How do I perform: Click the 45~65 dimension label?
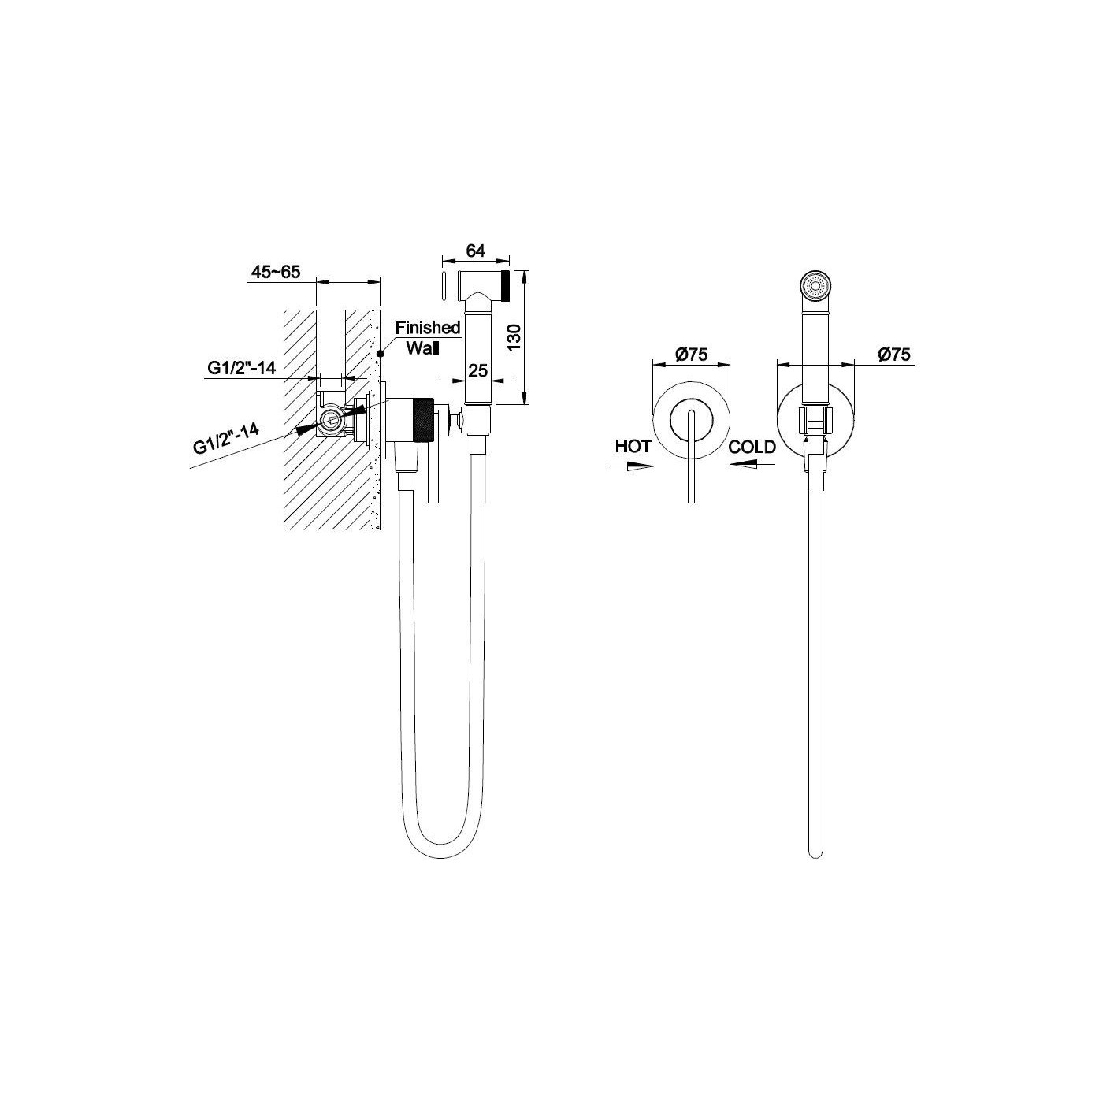click(275, 271)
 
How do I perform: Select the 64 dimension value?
click(475, 251)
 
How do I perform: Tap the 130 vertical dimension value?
click(514, 337)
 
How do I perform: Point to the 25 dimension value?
click(478, 371)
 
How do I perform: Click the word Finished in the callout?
click(428, 328)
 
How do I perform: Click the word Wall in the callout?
click(423, 347)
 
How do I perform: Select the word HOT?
click(633, 446)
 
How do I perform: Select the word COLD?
click(752, 447)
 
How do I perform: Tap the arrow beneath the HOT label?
click(631, 466)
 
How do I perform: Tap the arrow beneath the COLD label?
click(752, 465)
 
